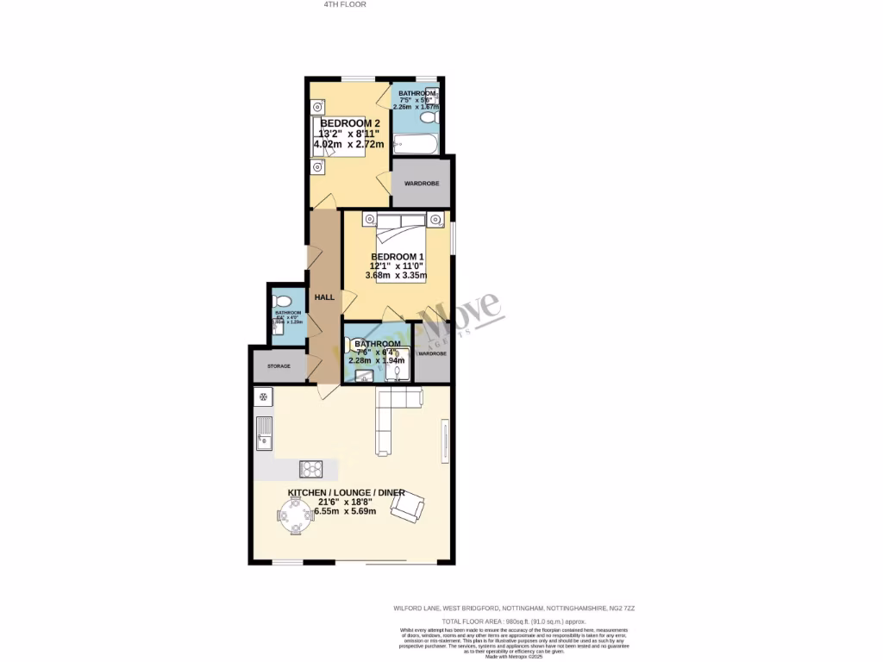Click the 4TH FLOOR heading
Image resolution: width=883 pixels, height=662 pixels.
pyautogui.click(x=345, y=4)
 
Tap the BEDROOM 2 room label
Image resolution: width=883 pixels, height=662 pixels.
pyautogui.click(x=350, y=123)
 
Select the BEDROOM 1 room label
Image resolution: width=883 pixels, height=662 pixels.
pyautogui.click(x=398, y=257)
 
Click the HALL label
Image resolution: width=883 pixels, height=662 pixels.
pyautogui.click(x=324, y=297)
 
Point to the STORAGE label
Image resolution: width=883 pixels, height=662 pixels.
pyautogui.click(x=279, y=366)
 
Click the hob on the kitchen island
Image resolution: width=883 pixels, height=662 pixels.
pyautogui.click(x=310, y=469)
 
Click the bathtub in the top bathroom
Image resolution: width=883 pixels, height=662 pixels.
pyautogui.click(x=416, y=142)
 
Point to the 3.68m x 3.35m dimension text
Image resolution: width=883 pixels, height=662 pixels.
pyautogui.click(x=396, y=276)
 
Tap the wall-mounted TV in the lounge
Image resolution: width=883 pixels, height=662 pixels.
pyautogui.click(x=445, y=440)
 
